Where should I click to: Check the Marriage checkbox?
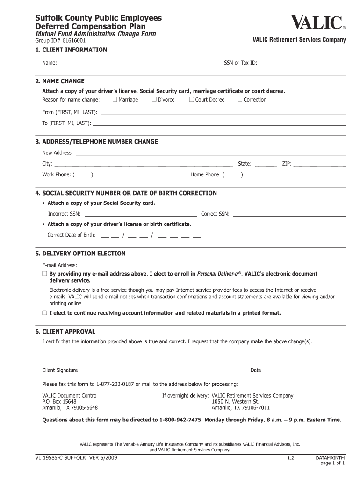click(115, 100)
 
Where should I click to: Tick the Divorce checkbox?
click(154, 100)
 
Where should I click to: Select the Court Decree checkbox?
click(192, 100)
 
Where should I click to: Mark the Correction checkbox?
click(240, 100)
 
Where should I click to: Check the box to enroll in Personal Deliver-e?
click(44, 274)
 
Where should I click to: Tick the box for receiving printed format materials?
click(44, 313)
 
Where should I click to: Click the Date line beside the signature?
click(275, 365)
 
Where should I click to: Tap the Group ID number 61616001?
click(72, 41)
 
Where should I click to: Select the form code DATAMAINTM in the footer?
click(330, 458)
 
